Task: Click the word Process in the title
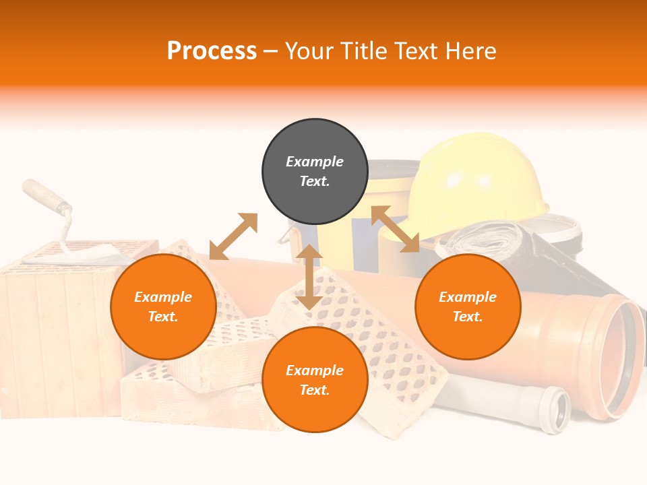coord(212,51)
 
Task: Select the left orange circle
coord(163,306)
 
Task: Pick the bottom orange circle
coord(315,380)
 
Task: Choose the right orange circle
coord(468,306)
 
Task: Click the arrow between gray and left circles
coord(233,236)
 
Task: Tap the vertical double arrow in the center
coord(309,277)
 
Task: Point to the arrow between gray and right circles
coord(395,229)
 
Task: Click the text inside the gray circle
coord(315,171)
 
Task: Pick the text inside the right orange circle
coord(468,306)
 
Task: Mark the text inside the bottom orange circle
coord(315,380)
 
